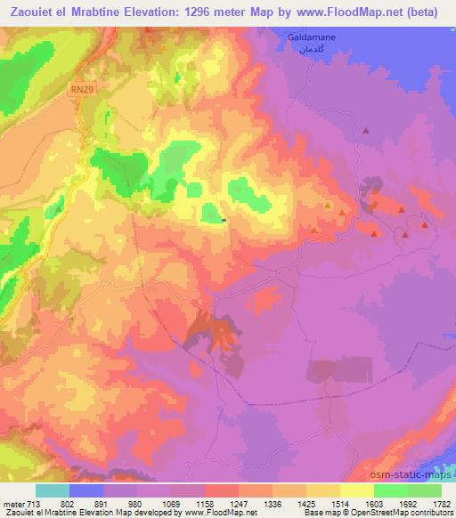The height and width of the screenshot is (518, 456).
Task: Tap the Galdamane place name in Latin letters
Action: [311, 36]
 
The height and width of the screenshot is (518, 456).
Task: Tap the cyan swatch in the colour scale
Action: [53, 490]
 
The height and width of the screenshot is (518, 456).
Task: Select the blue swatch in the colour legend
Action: [86, 490]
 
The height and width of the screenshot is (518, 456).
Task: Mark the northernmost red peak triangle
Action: [365, 131]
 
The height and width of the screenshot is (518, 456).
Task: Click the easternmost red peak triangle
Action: [425, 225]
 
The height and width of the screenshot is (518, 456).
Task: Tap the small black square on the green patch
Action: [224, 221]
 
